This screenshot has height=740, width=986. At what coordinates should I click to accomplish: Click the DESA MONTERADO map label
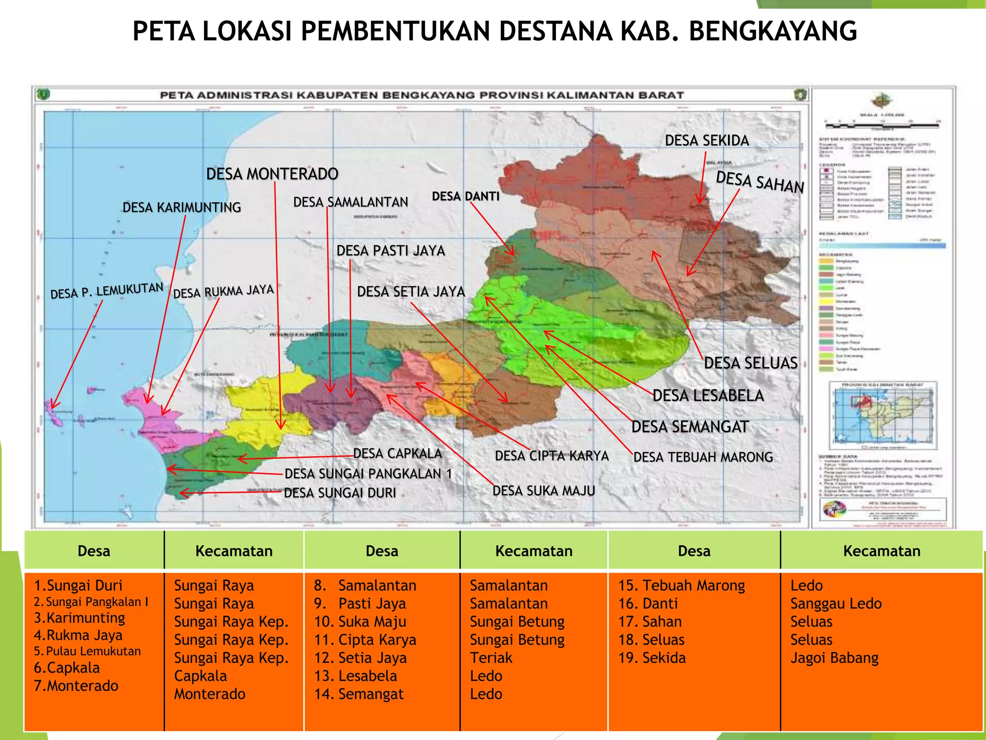coord(272,174)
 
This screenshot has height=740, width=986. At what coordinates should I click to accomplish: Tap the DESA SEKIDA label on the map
coord(707,141)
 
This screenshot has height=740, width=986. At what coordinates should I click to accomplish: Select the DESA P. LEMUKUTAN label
coord(107,291)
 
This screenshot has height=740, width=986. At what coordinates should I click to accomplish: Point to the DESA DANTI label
coord(465,197)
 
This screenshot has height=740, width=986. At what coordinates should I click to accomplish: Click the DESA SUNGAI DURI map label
coord(340,493)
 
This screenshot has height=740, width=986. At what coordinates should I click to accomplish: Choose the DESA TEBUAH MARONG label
coord(703,457)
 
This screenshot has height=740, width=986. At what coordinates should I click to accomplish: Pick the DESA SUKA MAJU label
coord(544,491)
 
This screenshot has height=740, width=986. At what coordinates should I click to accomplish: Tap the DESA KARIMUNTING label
coord(182,208)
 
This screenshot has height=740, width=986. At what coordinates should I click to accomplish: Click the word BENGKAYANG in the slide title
coord(773,31)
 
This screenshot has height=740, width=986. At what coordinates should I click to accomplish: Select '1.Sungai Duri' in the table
coord(78,585)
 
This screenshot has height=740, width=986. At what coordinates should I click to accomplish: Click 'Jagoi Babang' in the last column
coord(834,658)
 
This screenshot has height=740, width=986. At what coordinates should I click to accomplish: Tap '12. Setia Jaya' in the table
coord(360,658)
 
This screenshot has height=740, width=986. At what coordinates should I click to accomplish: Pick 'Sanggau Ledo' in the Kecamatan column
coord(836,604)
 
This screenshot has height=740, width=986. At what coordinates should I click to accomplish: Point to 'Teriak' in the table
coord(491,658)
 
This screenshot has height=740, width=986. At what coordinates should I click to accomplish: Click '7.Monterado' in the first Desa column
coord(76,686)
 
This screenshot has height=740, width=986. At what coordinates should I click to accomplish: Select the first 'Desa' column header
coord(94,551)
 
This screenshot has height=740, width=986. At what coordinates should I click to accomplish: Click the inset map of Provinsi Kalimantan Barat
coord(883,416)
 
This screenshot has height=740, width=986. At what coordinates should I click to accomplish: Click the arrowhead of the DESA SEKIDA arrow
coord(700,201)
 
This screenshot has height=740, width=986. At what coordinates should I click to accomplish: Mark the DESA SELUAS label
coord(751,363)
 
